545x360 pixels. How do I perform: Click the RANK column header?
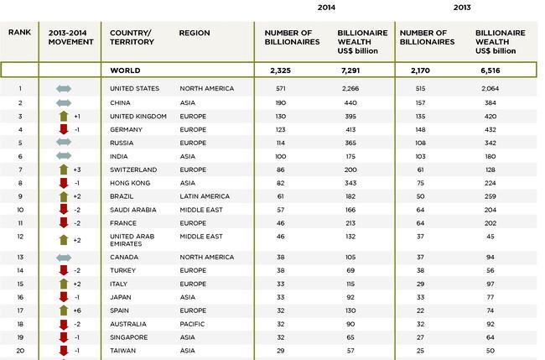coord(20,33)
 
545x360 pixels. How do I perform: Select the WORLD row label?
coord(125,70)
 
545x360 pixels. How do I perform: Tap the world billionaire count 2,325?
coord(280,70)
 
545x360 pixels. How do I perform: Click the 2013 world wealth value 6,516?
coord(490,70)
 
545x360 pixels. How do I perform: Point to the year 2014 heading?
coord(326,8)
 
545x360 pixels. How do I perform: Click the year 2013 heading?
coord(462,8)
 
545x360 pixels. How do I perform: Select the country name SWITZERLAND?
coord(133,170)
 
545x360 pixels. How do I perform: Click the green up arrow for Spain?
coord(64,310)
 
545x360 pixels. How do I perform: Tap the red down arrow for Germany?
coord(64,129)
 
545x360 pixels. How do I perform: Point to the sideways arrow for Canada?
coord(64,258)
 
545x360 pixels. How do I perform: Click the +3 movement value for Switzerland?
coord(77,170)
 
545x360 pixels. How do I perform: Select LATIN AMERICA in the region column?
coord(205,196)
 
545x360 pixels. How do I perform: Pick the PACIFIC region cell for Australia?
coord(192,324)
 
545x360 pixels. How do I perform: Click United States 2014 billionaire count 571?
coord(281,89)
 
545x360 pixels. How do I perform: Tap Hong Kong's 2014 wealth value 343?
coord(350,183)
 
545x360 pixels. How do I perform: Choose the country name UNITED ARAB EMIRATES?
coord(132,240)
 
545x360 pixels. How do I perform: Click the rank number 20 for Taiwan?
coord(20,351)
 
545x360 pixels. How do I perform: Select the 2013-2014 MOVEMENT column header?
coord(71,37)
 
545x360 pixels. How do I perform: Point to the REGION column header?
coord(195,33)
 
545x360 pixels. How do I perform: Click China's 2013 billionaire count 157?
coord(420,103)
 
